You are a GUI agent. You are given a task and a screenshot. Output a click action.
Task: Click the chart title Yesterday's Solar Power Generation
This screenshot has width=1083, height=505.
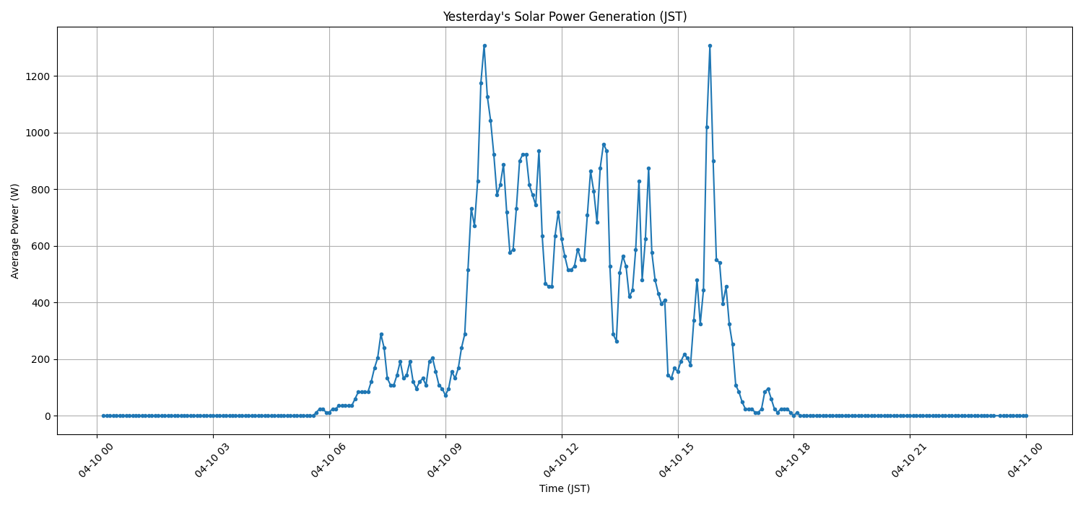565,17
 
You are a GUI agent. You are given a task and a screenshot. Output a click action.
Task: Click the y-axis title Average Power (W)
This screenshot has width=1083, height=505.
15,231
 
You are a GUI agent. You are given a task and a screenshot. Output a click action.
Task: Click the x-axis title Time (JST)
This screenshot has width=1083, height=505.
565,488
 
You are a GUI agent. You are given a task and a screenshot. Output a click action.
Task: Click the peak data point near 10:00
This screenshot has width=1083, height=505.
484,45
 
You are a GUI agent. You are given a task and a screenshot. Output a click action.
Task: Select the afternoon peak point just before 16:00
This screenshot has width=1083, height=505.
710,45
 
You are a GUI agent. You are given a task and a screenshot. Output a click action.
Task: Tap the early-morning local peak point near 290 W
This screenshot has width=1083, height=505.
381,334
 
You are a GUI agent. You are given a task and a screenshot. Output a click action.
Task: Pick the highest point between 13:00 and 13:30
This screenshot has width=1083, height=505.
604,144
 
